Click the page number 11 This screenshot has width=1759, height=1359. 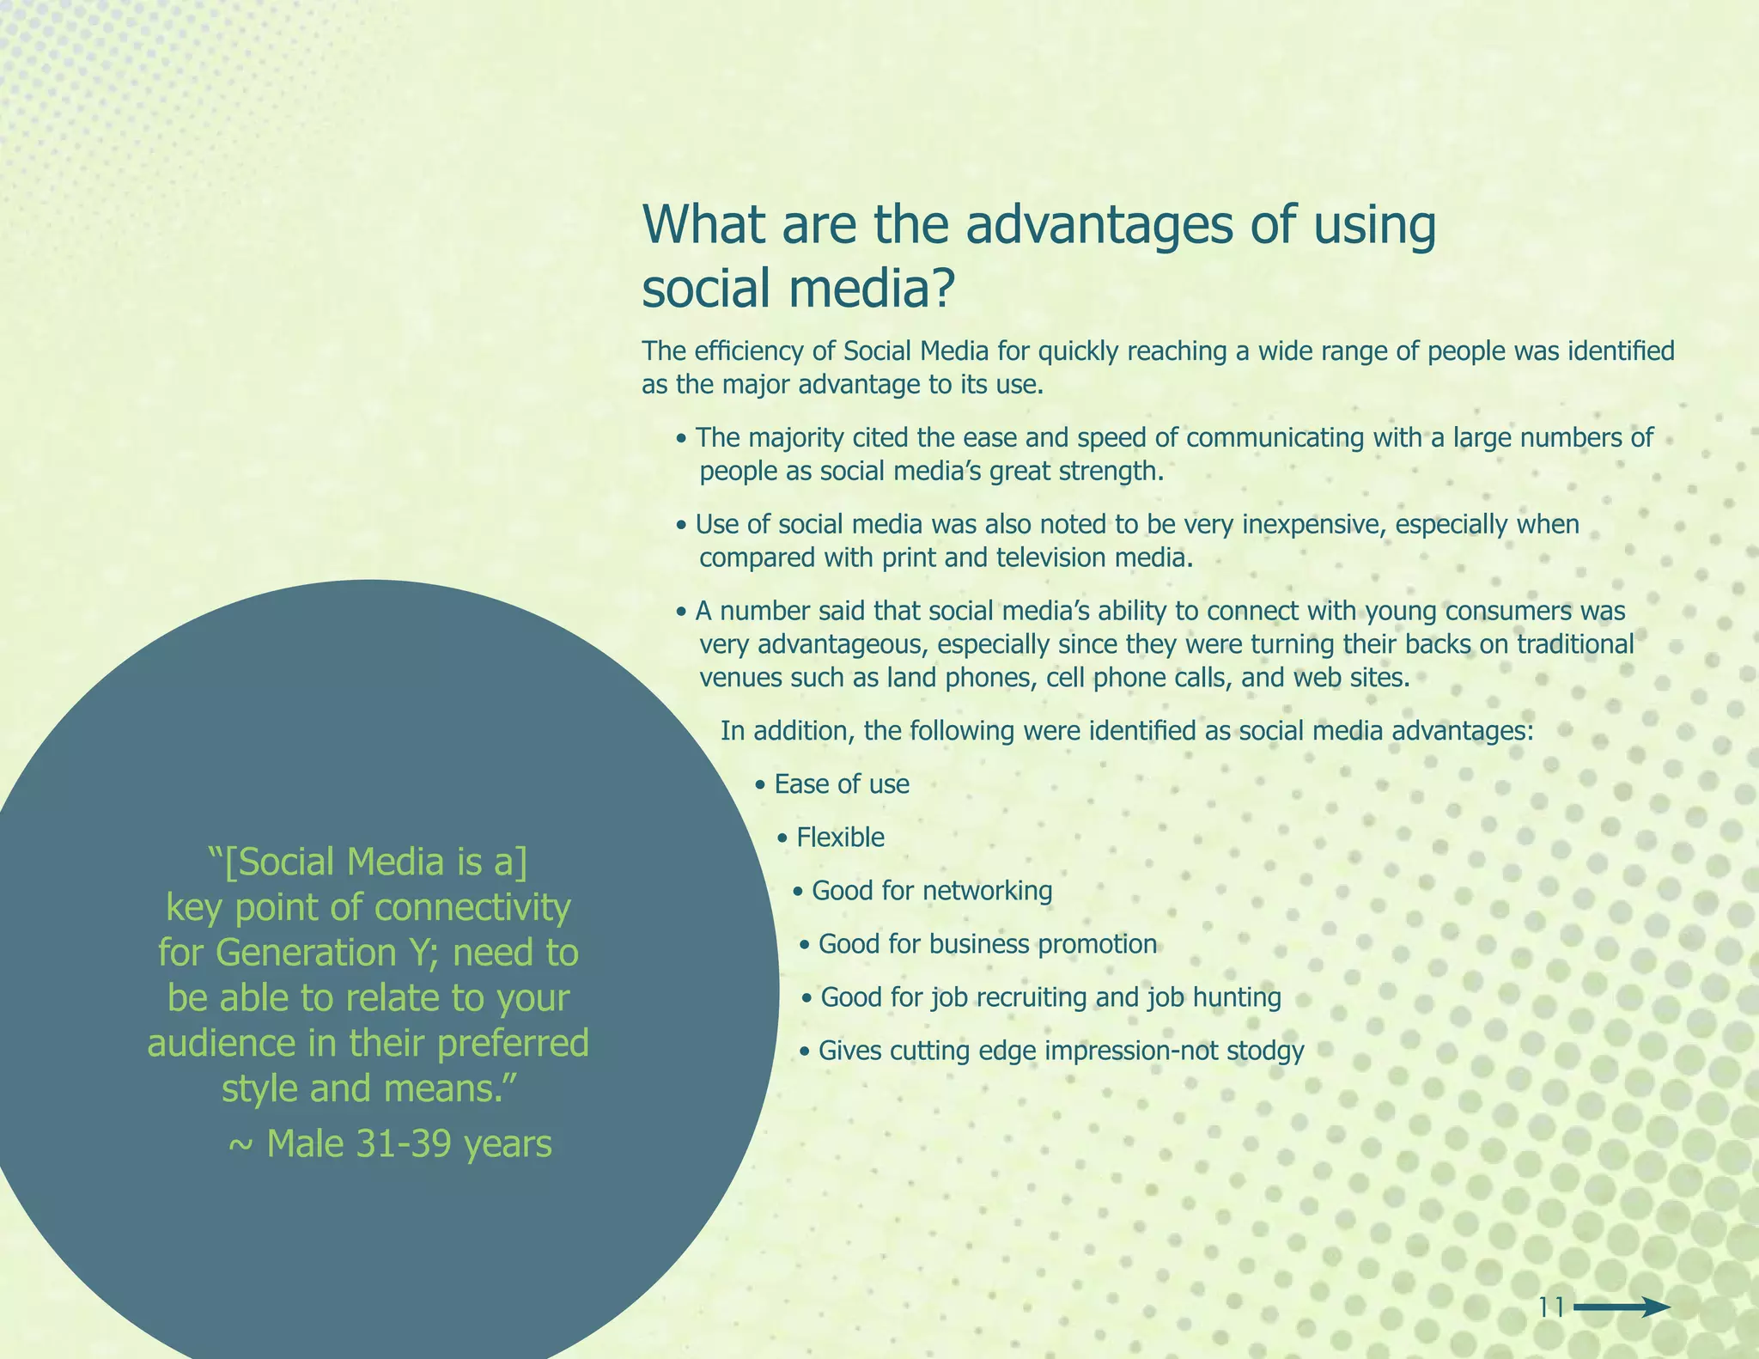click(1551, 1307)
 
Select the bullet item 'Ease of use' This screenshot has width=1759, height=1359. click(841, 784)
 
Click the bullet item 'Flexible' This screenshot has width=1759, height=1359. click(840, 838)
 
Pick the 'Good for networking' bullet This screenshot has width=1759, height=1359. click(931, 891)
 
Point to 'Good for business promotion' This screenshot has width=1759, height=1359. click(987, 944)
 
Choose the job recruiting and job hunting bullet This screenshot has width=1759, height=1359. click(1050, 997)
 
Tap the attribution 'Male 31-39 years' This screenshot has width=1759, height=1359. click(409, 1144)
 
